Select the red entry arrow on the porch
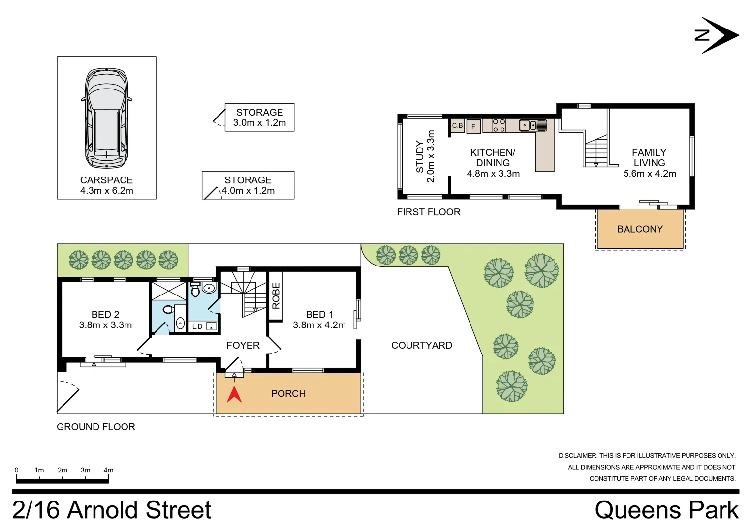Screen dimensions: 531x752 point(234,394)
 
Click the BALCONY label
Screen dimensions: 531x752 point(640,229)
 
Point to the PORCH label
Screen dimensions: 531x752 point(288,394)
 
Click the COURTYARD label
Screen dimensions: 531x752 point(422,346)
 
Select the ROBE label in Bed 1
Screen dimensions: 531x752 point(276,295)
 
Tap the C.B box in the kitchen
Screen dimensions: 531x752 point(458,126)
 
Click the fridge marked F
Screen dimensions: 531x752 point(473,126)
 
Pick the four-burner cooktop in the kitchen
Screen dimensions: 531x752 point(499,125)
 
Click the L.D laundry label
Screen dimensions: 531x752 point(197,326)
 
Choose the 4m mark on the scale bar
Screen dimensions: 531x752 point(108,471)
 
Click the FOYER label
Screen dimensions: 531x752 point(243,346)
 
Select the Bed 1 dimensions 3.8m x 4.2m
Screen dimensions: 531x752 point(319,325)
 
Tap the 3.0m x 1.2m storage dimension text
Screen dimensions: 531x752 point(259,123)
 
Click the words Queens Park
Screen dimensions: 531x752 point(666,510)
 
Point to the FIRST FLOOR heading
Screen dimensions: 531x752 point(429,212)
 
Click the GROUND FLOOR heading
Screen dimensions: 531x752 point(96,427)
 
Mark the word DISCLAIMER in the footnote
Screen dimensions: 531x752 point(577,456)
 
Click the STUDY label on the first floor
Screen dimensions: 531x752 point(420,156)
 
